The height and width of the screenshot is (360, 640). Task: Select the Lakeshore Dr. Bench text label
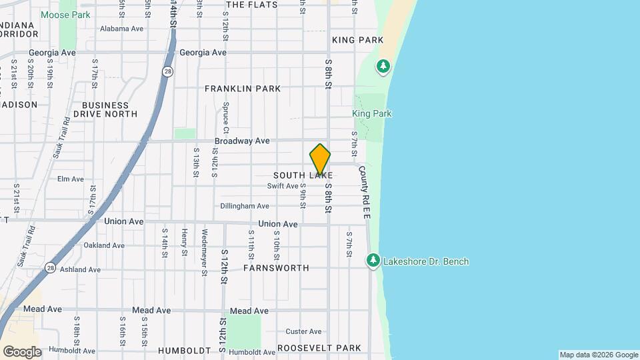426,261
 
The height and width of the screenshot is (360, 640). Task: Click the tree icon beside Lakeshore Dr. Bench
373,260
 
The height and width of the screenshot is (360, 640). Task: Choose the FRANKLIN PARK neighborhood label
243,89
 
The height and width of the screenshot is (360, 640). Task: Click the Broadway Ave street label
242,141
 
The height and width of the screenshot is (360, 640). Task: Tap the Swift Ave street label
283,186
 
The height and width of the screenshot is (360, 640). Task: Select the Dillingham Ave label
245,206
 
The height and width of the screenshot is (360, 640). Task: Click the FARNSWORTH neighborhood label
276,268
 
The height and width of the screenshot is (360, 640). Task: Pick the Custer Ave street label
303,331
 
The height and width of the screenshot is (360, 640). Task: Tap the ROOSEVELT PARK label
319,348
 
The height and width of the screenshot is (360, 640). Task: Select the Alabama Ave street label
122,29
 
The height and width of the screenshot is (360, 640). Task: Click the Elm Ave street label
71,179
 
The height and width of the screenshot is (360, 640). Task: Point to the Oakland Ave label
104,245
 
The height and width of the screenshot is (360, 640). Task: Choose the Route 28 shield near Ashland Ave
51,267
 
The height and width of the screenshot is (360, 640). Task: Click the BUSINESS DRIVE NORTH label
105,109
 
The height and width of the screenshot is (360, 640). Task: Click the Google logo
22,352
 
